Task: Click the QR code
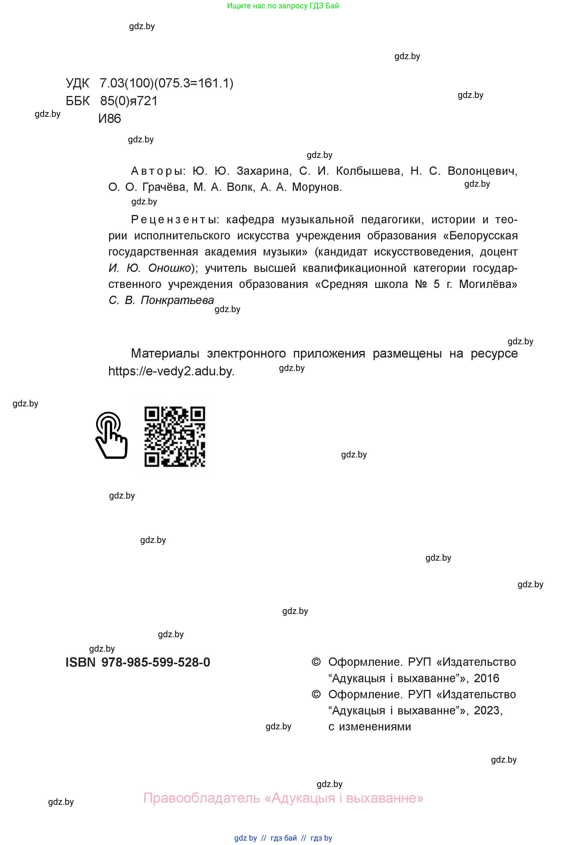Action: point(175,436)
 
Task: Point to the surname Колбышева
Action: point(369,171)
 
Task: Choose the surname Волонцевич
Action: point(482,171)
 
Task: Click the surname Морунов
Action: point(316,187)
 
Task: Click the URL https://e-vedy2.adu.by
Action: point(172,371)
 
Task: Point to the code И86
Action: point(110,118)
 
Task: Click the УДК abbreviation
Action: point(77,84)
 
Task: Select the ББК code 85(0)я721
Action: point(129,101)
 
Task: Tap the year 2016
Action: point(486,678)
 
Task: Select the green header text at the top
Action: point(283,6)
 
